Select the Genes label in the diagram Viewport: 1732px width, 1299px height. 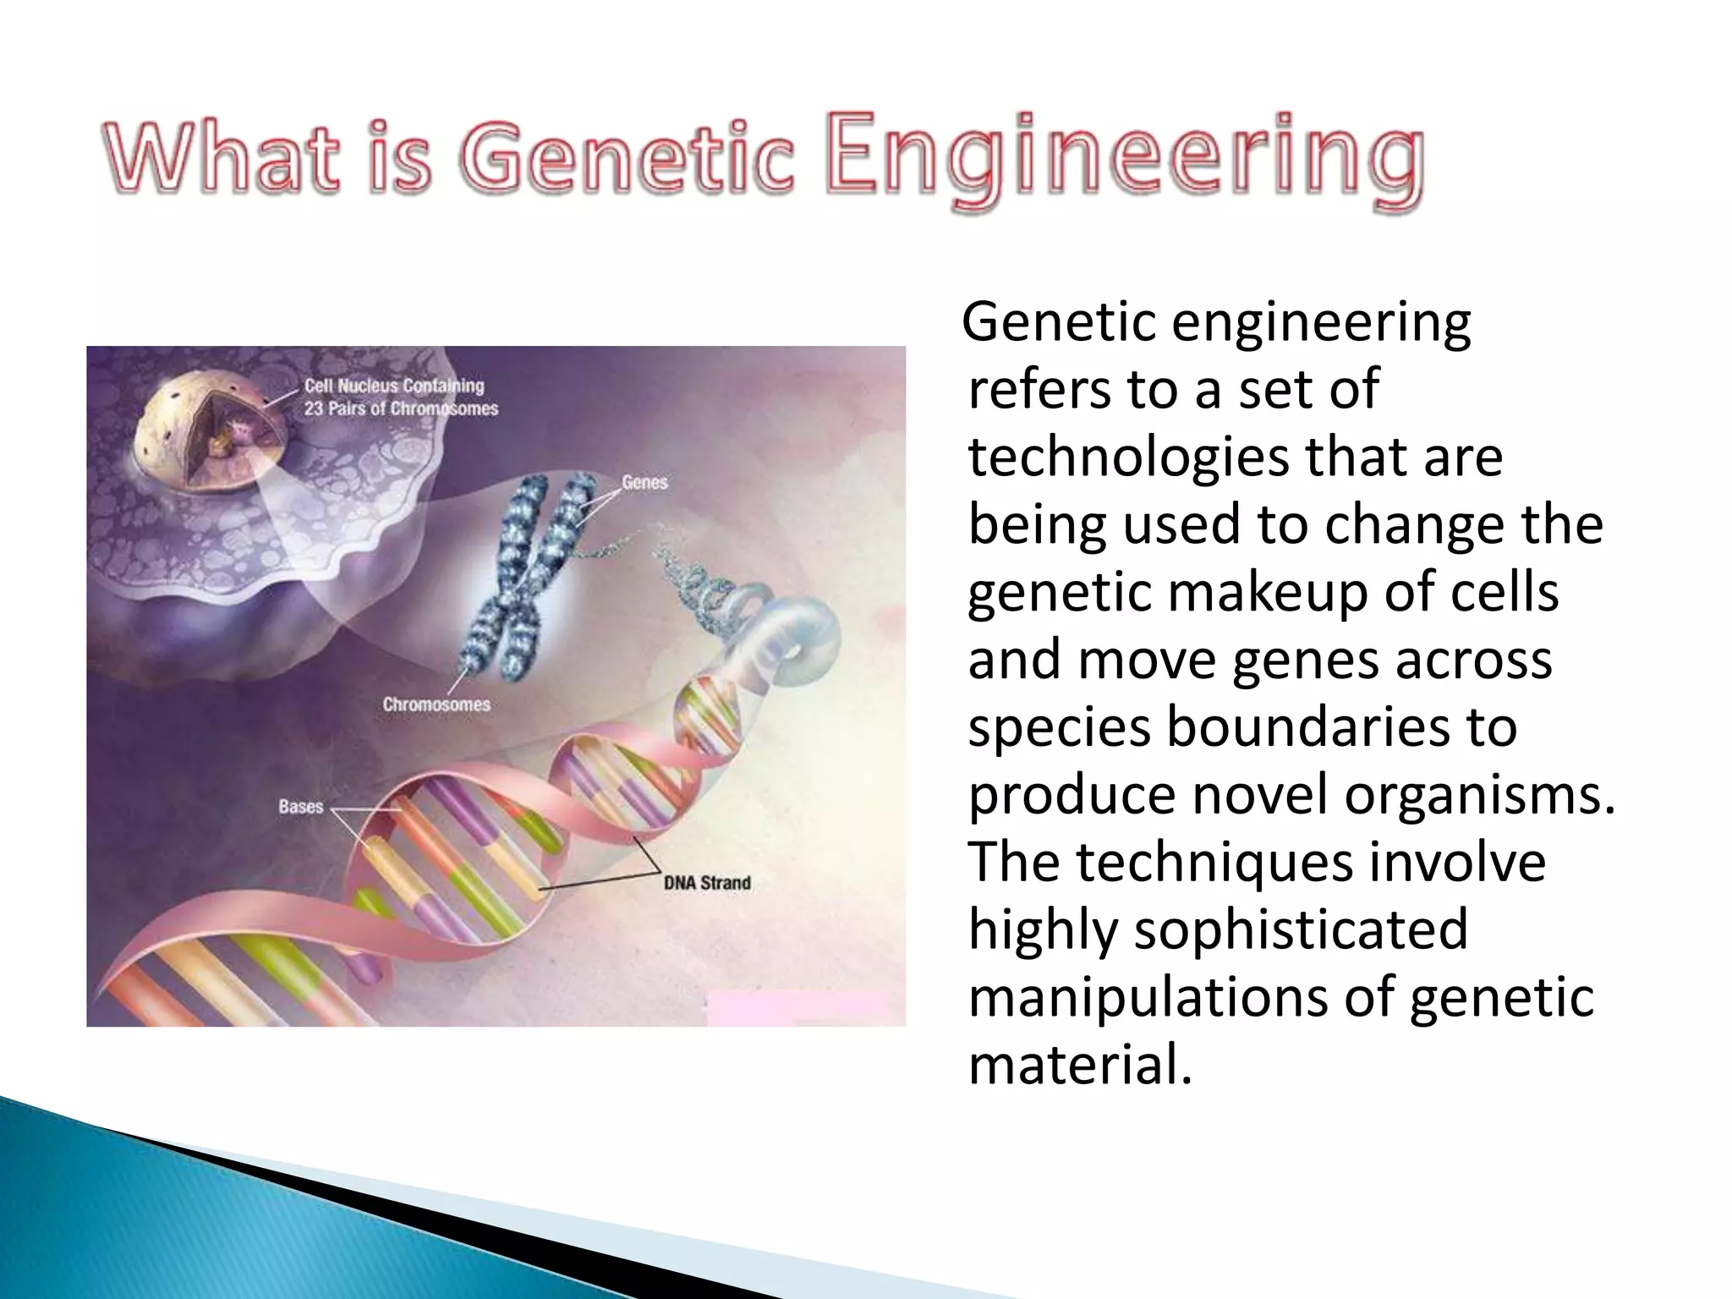(644, 482)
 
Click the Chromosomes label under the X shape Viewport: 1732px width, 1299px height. (436, 704)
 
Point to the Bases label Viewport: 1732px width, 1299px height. (300, 807)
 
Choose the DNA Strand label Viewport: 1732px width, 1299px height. (707, 883)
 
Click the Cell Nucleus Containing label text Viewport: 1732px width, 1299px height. (394, 386)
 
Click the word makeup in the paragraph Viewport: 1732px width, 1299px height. (1269, 593)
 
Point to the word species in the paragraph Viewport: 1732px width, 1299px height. (1059, 727)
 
